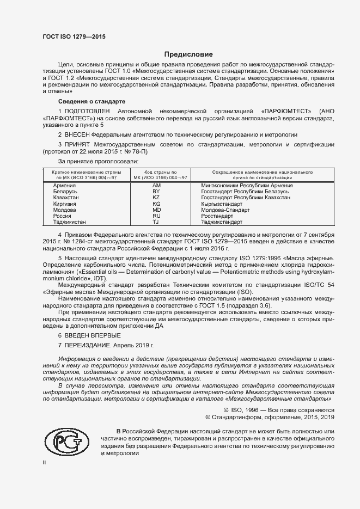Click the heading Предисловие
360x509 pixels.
click(188, 54)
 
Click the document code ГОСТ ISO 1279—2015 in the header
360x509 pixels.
click(74, 36)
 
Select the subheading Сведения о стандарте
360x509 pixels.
click(91, 102)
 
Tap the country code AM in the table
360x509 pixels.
click(156, 186)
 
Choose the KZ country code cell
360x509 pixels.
click(156, 198)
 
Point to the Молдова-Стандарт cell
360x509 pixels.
click(225, 210)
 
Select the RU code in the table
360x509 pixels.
click(156, 216)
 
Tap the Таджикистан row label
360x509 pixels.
click(70, 222)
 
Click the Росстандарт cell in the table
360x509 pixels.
click(218, 216)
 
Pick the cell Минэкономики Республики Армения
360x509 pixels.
click(247, 186)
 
